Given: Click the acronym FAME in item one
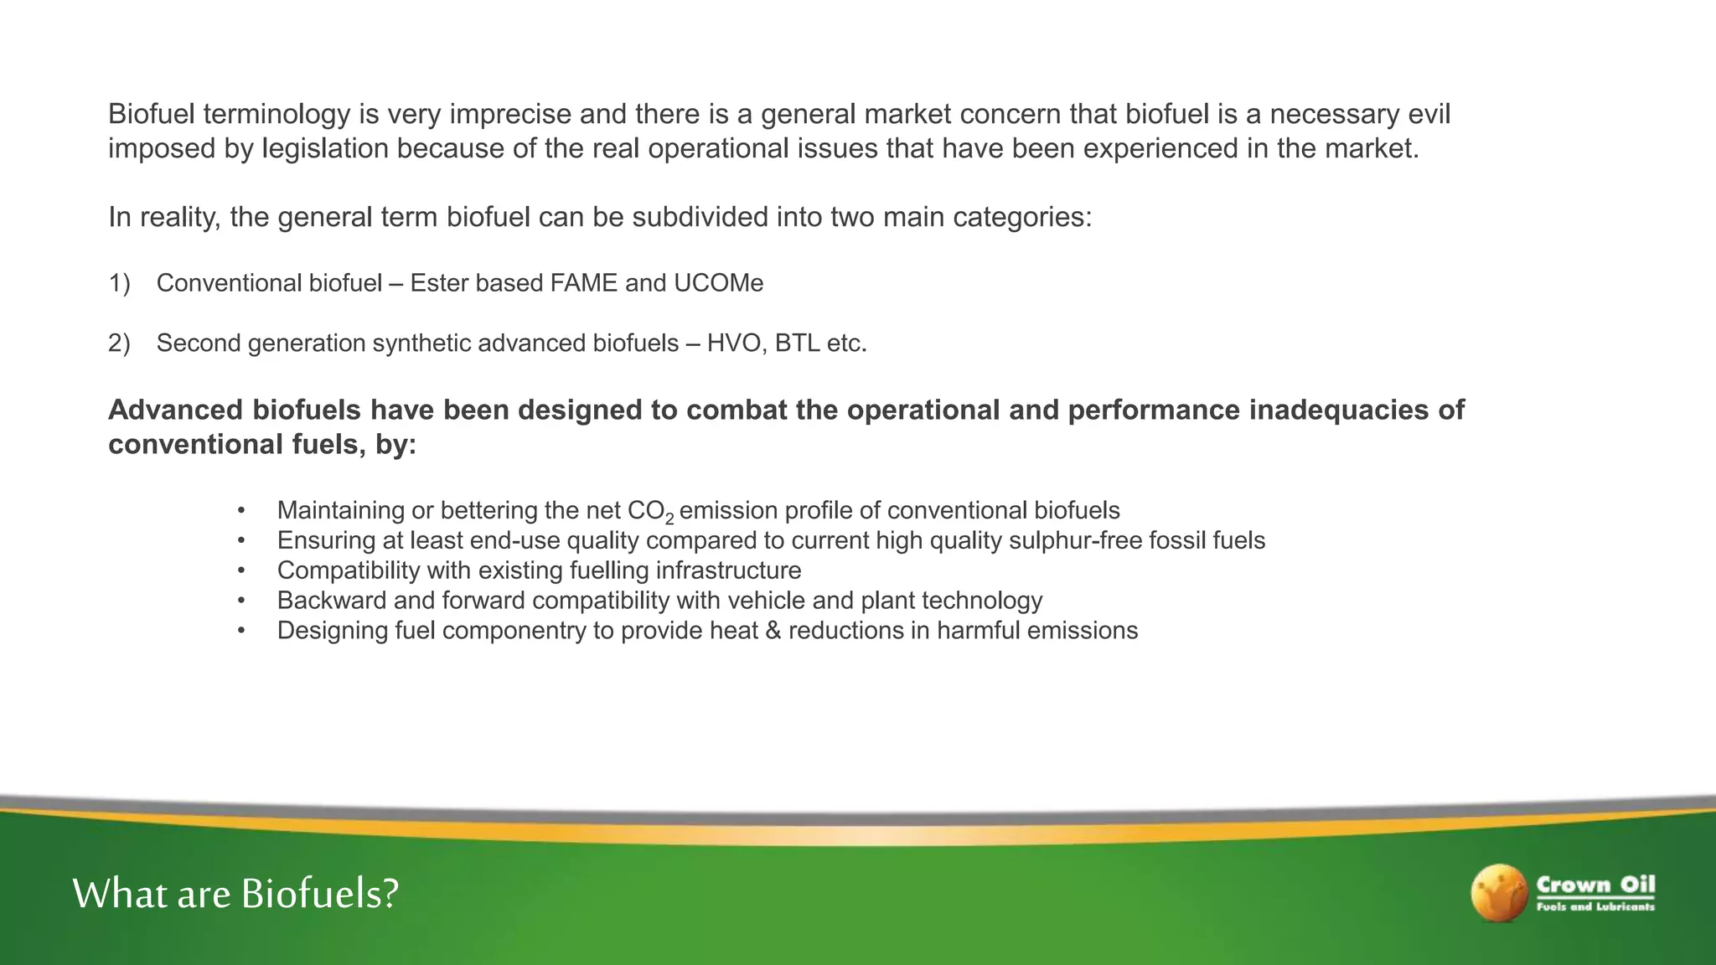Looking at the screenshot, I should tap(584, 283).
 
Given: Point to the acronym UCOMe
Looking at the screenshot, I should tap(718, 283).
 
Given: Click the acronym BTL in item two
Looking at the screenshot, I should tap(797, 343).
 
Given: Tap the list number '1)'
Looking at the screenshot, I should tap(119, 283).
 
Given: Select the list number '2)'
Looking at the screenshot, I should tap(119, 343).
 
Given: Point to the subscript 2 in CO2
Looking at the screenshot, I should tap(669, 519).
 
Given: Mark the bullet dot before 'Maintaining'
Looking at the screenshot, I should tap(241, 510).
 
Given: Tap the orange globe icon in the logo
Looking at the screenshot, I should tap(1499, 893).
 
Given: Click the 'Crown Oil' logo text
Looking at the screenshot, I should tap(1595, 885).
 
